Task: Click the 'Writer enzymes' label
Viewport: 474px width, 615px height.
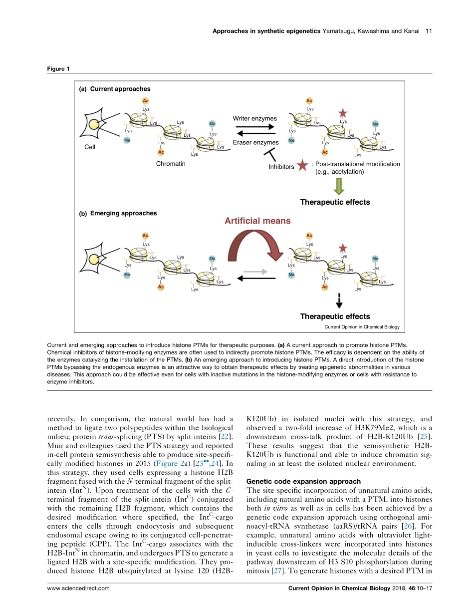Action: [x=254, y=119]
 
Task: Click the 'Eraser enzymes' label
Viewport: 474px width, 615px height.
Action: [x=255, y=143]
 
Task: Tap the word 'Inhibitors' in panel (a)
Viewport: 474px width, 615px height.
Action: [x=281, y=167]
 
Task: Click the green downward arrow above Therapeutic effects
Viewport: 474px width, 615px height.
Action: [x=339, y=186]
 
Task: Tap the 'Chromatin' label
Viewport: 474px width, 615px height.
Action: [x=171, y=164]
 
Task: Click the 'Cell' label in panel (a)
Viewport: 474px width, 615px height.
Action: [x=90, y=148]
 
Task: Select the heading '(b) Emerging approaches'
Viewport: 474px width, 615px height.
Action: [x=118, y=213]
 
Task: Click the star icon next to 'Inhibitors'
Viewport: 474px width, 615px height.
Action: [x=302, y=166]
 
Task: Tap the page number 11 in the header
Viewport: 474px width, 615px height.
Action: [x=428, y=31]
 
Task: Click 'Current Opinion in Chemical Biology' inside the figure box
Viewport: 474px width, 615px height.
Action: [x=362, y=327]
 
